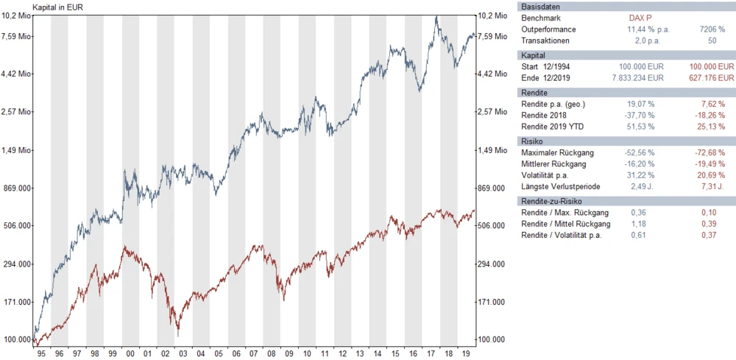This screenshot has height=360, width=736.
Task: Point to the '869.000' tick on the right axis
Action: tap(492, 188)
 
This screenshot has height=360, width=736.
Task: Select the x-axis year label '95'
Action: tap(41, 353)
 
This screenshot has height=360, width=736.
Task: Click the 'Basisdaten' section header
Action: tap(539, 6)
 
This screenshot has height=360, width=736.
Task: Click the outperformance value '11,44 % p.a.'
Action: tap(641, 29)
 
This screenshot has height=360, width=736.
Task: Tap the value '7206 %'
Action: tap(710, 29)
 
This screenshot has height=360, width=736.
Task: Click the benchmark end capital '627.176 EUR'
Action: tap(705, 77)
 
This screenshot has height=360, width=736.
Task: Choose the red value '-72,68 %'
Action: tap(710, 152)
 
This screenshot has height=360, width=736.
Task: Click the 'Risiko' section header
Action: tap(532, 140)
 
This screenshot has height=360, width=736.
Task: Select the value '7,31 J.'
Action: tap(713, 187)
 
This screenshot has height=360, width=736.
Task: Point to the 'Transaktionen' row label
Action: tap(545, 40)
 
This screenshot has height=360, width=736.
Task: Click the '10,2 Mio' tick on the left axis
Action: tap(17, 15)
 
